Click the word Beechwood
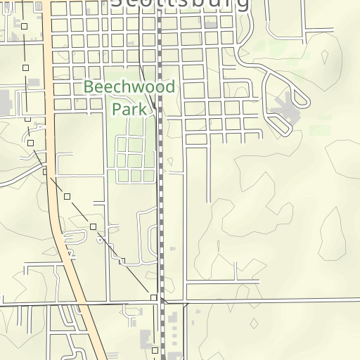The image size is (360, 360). pyautogui.click(x=129, y=88)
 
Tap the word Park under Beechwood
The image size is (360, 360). pyautogui.click(x=129, y=109)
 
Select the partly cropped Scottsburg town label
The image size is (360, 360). pyautogui.click(x=181, y=4)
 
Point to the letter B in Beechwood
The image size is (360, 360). pyautogui.click(x=89, y=88)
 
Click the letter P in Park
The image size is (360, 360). pyautogui.click(x=117, y=109)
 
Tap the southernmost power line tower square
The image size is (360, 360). pyautogui.click(x=155, y=349)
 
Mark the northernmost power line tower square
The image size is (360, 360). pyautogui.click(x=24, y=26)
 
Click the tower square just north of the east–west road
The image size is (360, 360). pyautogui.click(x=154, y=297)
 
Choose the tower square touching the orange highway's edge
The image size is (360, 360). pyautogui.click(x=45, y=172)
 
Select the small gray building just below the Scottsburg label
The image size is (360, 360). pyautogui.click(x=210, y=23)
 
